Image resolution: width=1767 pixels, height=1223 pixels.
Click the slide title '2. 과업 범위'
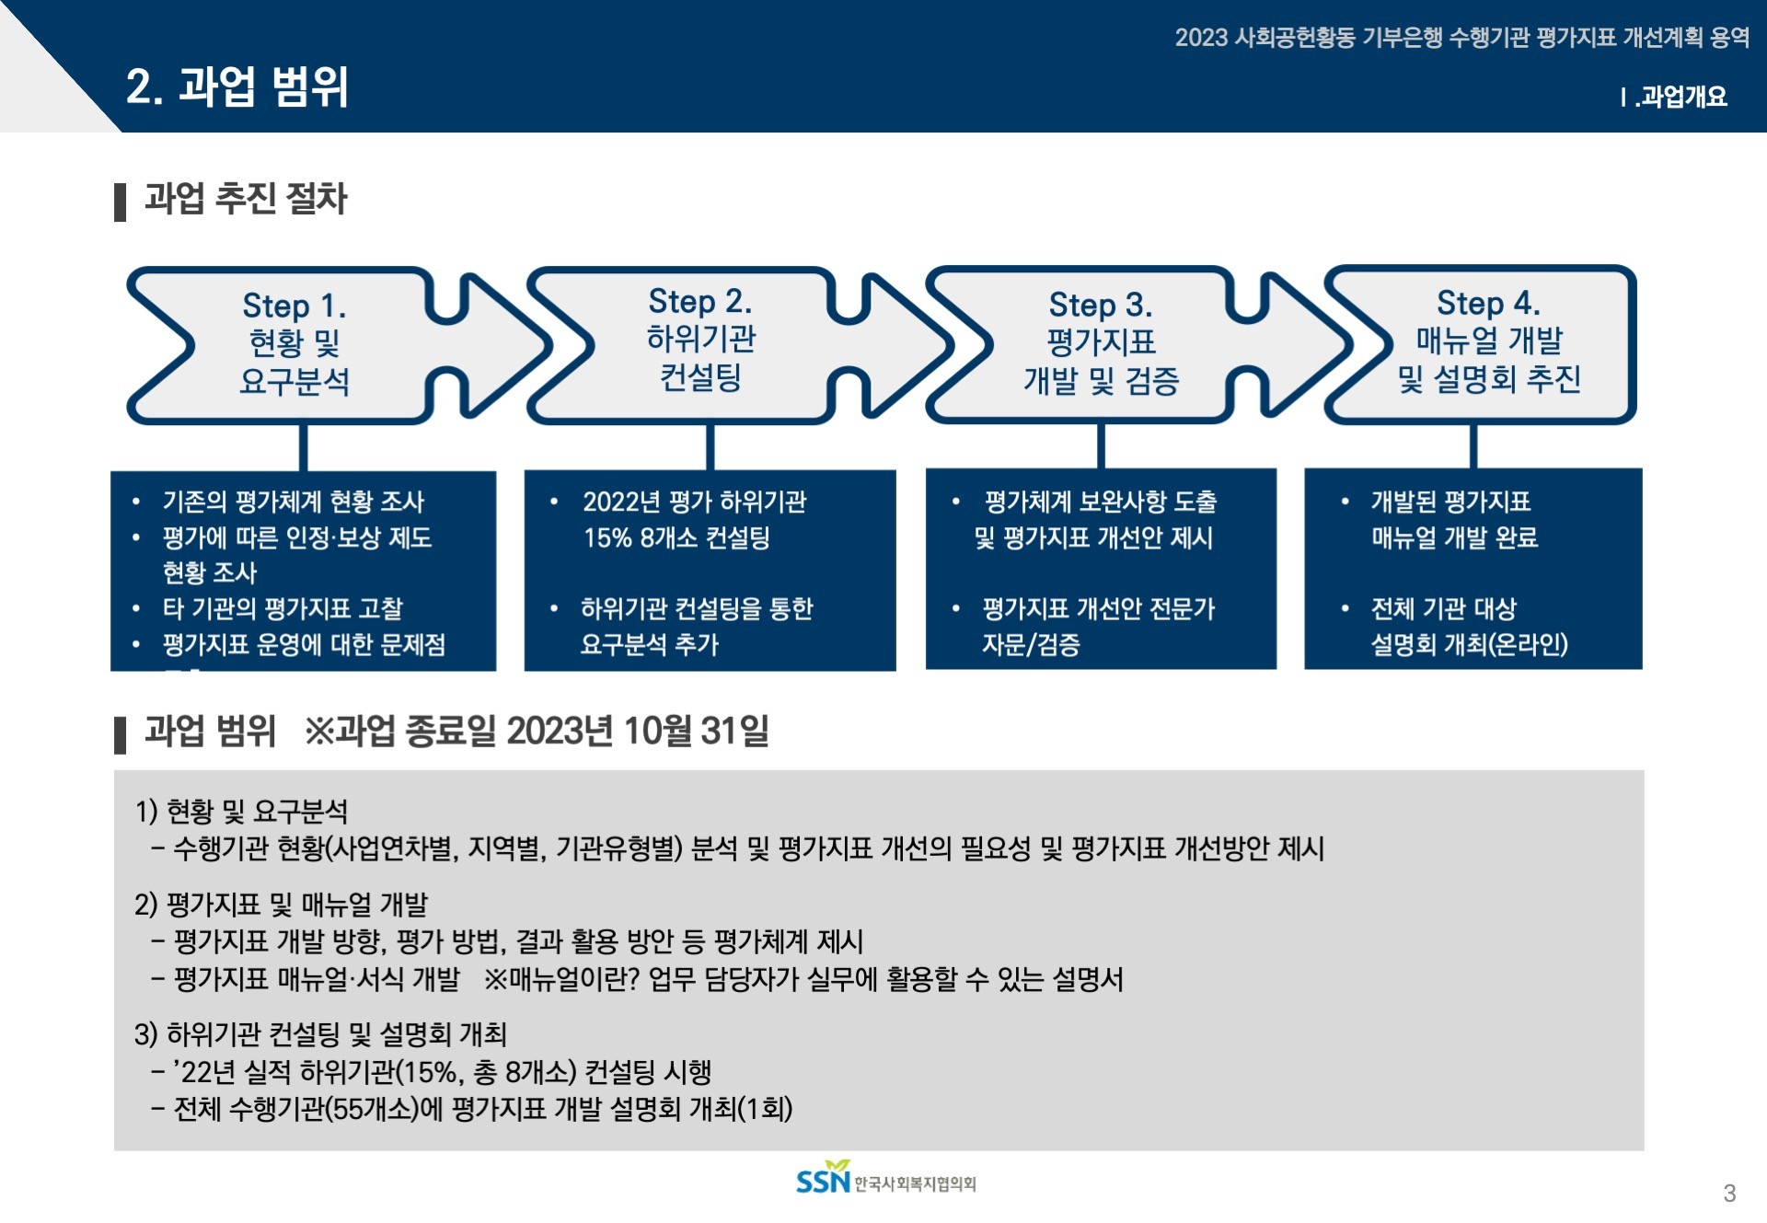(237, 87)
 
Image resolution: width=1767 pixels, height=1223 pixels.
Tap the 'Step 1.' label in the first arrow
(294, 306)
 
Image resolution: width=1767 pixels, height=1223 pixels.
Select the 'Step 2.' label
(699, 301)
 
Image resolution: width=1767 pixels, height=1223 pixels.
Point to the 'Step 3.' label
(1100, 305)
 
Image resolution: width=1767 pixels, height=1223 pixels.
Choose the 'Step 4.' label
(1487, 303)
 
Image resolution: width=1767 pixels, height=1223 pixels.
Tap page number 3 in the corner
(1728, 1194)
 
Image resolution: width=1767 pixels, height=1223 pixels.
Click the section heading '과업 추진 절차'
(246, 199)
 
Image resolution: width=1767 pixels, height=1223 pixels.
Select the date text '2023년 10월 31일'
(637, 732)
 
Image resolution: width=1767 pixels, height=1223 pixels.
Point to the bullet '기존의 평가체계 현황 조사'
(293, 502)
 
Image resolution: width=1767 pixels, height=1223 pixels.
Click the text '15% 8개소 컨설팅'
(676, 537)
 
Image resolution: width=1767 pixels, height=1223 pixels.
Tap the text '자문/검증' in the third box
(1031, 644)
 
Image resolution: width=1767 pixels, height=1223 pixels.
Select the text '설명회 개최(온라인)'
(1469, 644)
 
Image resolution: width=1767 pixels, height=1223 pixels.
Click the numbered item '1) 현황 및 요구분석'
(241, 811)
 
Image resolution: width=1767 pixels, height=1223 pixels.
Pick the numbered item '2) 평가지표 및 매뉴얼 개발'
(281, 905)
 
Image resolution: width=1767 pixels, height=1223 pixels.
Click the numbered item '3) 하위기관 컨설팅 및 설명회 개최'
(320, 1034)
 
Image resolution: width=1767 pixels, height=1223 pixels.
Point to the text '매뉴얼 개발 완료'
(1454, 537)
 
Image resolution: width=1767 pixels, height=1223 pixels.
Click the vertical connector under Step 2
(710, 447)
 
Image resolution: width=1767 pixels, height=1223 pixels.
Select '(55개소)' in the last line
(372, 1109)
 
